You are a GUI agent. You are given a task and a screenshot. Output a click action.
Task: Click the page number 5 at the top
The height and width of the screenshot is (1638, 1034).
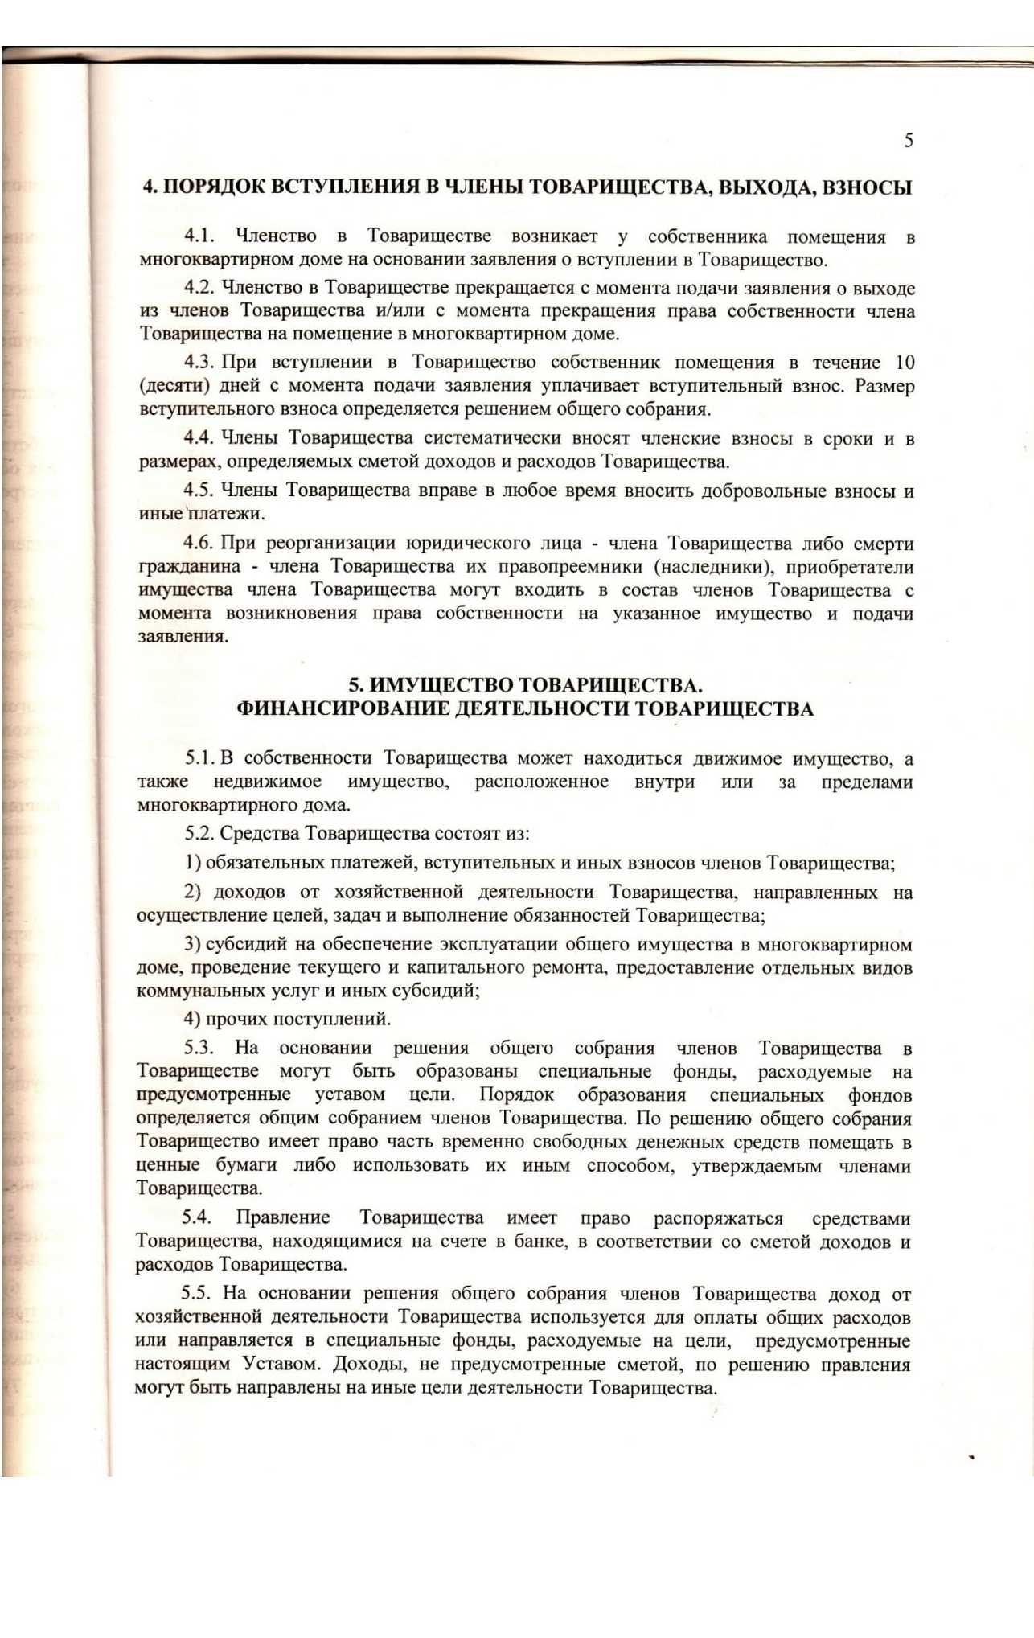[908, 141]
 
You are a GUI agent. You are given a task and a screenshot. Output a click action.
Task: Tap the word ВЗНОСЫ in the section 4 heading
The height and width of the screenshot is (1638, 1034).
[868, 187]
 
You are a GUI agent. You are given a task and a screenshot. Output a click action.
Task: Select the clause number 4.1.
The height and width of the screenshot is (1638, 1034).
[199, 236]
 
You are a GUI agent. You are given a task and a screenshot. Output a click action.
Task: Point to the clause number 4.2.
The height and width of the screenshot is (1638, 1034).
[199, 288]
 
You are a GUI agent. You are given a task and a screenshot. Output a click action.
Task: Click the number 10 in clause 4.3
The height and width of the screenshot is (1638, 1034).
[905, 363]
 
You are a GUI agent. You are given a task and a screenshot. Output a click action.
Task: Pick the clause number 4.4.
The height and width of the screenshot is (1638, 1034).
[199, 438]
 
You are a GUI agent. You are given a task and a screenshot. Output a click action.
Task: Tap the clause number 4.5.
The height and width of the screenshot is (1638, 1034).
[199, 491]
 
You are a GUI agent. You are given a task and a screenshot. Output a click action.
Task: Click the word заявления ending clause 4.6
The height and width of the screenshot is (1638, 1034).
[183, 637]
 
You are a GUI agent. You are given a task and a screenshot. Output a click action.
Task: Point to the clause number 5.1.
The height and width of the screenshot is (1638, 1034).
[199, 758]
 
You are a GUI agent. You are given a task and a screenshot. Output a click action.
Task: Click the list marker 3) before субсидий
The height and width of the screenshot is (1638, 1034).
[192, 945]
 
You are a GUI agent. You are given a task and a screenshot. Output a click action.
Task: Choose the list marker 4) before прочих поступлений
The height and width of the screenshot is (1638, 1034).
[192, 1020]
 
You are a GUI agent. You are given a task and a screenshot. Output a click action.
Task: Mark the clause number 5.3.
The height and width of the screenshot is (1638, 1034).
[199, 1049]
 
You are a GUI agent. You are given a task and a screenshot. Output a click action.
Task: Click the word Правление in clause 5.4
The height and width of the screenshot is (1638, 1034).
[282, 1218]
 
